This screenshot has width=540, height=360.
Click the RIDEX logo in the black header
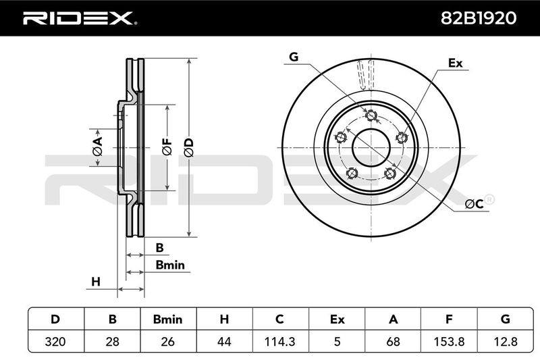[x=80, y=18]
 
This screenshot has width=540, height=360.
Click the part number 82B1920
[x=479, y=18]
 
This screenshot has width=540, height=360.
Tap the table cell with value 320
[x=55, y=341]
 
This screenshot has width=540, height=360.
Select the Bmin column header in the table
[x=167, y=319]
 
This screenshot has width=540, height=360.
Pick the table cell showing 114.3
[x=279, y=341]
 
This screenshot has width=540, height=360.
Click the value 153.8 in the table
[x=449, y=341]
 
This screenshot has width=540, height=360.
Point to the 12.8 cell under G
[x=505, y=341]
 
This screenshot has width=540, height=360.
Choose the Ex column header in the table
[x=337, y=319]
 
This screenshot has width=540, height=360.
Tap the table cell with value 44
[x=224, y=341]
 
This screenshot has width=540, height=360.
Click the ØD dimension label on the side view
[x=189, y=148]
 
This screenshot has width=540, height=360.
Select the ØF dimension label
[x=167, y=147]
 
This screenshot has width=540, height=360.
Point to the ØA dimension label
[x=97, y=146]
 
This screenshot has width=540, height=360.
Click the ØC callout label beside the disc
[x=475, y=204]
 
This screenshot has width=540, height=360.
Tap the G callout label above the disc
[x=294, y=57]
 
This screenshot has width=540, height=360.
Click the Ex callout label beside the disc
[x=455, y=63]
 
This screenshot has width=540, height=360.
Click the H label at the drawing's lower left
[x=96, y=282]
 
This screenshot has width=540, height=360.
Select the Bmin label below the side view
[x=170, y=265]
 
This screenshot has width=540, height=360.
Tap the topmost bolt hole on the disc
[x=371, y=115]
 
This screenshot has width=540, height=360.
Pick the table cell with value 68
[x=393, y=341]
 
